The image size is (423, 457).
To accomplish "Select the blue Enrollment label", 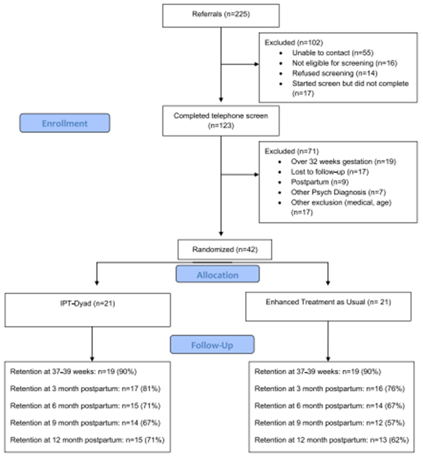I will point(64,123).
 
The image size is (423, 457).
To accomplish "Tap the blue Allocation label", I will point(217,275).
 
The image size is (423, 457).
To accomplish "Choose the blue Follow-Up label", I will point(212,345).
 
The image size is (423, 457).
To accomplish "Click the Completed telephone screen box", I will point(221,121).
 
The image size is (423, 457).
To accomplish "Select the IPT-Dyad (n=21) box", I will point(88,309).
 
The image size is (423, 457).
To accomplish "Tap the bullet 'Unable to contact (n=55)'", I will point(333,53).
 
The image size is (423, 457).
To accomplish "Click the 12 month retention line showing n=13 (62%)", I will point(331,440).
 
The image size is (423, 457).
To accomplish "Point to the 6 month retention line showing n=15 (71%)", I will point(85,406).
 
